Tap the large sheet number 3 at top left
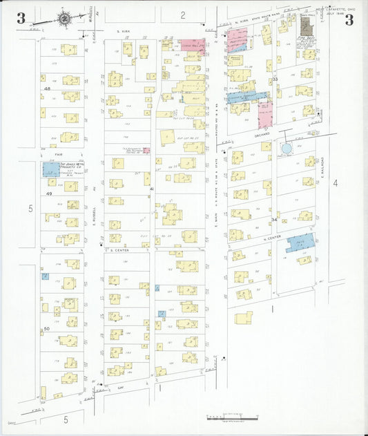coord(21,19)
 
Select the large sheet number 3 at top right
coord(349,19)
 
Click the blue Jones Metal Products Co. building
coord(50,169)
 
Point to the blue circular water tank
coord(286,148)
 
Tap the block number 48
coord(48,89)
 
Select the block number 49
coord(48,194)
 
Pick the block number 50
coord(47,329)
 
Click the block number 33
coord(275,80)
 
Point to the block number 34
coord(275,220)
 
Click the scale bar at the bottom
coord(233,417)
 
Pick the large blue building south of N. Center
coord(299,243)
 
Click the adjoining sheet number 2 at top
coord(183,15)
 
